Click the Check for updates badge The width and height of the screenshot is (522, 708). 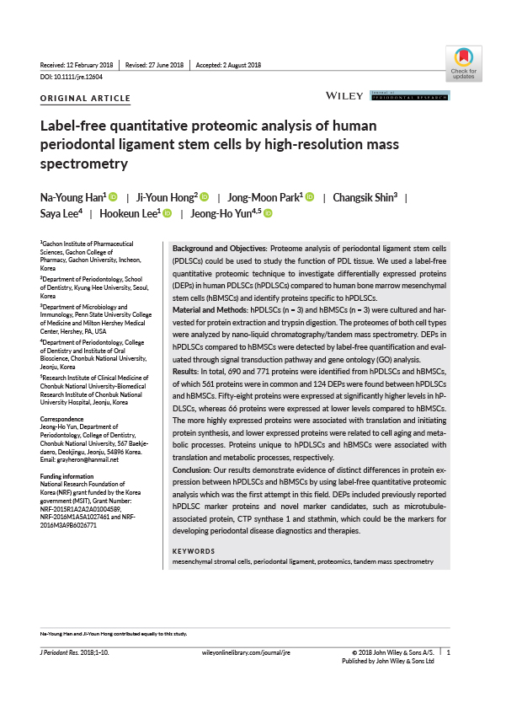click(x=463, y=62)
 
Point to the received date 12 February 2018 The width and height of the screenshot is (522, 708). click(x=90, y=66)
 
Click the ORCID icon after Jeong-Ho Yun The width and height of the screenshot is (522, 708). click(x=269, y=214)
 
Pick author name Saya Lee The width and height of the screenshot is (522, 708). click(x=61, y=214)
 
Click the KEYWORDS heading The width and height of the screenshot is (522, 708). click(x=194, y=551)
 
